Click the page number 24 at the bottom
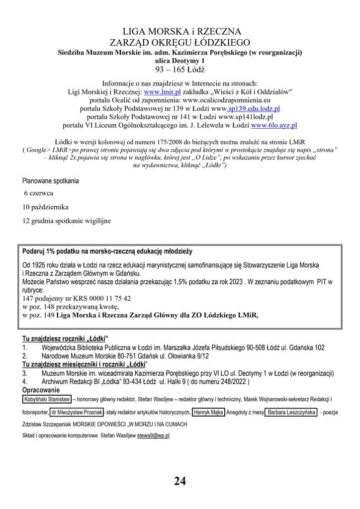click(180, 481)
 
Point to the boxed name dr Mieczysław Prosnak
click(77, 412)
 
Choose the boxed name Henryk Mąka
click(209, 412)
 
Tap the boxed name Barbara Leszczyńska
click(290, 412)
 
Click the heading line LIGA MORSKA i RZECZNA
click(179, 32)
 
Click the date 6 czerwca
click(38, 192)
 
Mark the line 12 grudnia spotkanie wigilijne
click(67, 220)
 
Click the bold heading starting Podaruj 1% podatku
click(107, 251)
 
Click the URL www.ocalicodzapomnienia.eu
click(229, 100)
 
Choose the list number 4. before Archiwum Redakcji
click(24, 381)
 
